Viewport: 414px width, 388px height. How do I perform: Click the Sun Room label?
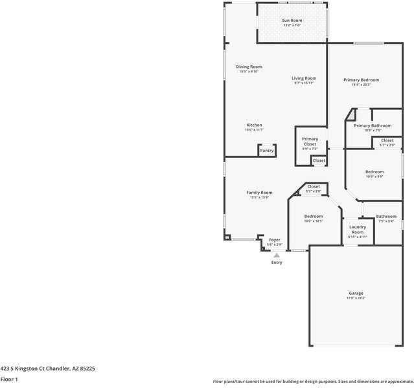pyautogui.click(x=292, y=23)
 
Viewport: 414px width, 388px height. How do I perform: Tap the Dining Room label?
pyautogui.click(x=249, y=69)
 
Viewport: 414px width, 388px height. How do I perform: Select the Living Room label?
pyautogui.click(x=304, y=80)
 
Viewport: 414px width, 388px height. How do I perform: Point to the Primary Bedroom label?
pyautogui.click(x=361, y=81)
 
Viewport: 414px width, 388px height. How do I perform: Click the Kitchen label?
pyautogui.click(x=254, y=127)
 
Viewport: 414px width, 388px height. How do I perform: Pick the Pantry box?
pyautogui.click(x=267, y=151)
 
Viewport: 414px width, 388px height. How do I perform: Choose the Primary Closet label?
pyautogui.click(x=310, y=143)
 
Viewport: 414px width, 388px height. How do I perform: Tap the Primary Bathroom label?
pyautogui.click(x=373, y=127)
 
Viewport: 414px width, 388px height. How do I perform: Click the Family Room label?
pyautogui.click(x=259, y=194)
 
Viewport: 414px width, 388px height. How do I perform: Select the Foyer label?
pyautogui.click(x=275, y=241)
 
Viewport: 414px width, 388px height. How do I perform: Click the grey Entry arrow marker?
pyautogui.click(x=277, y=255)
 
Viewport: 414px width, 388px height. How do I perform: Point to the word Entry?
pyautogui.click(x=277, y=263)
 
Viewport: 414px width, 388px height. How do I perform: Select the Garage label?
pyautogui.click(x=356, y=295)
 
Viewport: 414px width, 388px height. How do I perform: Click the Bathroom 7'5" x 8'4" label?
pyautogui.click(x=387, y=218)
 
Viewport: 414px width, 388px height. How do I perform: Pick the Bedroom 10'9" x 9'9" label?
pyautogui.click(x=374, y=173)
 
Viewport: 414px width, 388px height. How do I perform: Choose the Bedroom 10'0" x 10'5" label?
pyautogui.click(x=314, y=218)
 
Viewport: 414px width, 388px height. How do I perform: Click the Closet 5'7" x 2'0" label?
pyautogui.click(x=387, y=142)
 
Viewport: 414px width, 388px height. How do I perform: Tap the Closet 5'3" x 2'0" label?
pyautogui.click(x=314, y=188)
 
